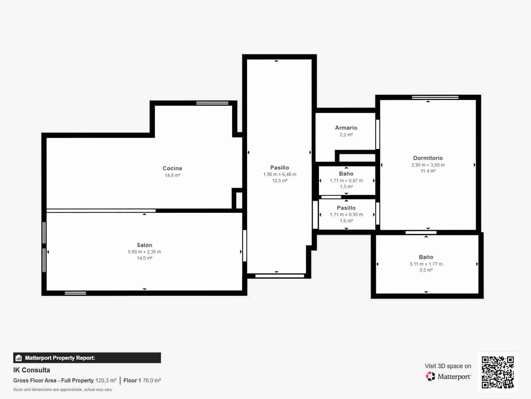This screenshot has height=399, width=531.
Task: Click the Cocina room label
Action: [x=172, y=168]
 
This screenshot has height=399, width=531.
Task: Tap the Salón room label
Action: [x=144, y=245]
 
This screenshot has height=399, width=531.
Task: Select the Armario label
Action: [x=346, y=128]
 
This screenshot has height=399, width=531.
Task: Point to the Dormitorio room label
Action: [x=428, y=158]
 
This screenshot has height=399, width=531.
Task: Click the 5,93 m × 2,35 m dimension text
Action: [x=144, y=252]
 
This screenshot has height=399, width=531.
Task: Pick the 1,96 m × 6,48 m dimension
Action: [x=280, y=174]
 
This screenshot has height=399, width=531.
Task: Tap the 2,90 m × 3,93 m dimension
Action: [x=428, y=165]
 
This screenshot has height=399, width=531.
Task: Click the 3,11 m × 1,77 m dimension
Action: [x=426, y=264]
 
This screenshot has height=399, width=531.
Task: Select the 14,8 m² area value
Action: [x=173, y=176]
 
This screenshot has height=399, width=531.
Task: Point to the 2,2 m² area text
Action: [x=346, y=135]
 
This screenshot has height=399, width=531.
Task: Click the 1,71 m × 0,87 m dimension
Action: [x=346, y=181]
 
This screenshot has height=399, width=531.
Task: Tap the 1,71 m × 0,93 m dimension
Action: [x=346, y=215]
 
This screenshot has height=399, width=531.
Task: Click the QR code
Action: [x=497, y=372]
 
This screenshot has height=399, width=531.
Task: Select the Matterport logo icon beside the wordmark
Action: [x=430, y=376]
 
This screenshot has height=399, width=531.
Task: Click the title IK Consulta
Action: [x=32, y=370]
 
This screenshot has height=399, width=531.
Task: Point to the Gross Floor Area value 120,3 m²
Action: [x=106, y=380]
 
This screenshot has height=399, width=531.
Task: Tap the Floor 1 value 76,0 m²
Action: [x=152, y=380]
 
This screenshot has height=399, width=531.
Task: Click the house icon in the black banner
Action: [x=19, y=358]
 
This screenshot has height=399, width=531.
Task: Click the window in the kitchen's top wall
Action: [x=212, y=103]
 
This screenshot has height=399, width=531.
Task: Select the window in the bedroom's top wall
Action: [x=435, y=97]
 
